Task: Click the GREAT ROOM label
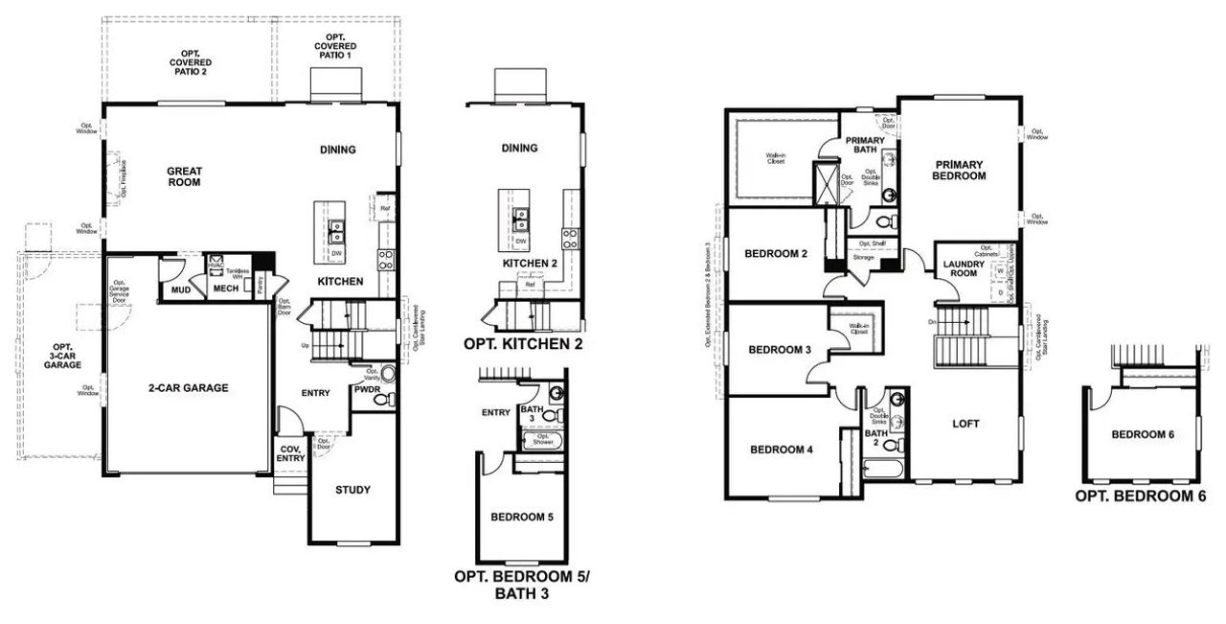point(184,176)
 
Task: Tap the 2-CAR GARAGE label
point(188,388)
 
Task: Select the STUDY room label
point(352,490)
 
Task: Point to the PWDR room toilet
point(380,401)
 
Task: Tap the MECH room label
point(225,288)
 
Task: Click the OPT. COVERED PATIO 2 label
point(189,61)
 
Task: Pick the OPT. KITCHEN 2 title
point(523,343)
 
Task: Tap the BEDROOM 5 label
point(522,517)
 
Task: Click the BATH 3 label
point(527,412)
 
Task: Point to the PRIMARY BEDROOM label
point(959,171)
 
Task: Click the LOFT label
point(965,423)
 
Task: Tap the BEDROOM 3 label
point(780,349)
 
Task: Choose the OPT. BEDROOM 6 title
point(1140,497)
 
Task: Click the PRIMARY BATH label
point(865,145)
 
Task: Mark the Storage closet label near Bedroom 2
point(864,257)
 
